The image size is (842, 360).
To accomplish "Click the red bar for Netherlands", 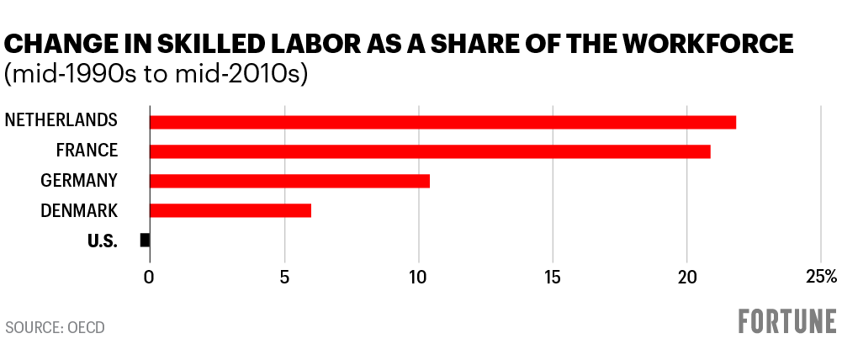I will [x=442, y=122].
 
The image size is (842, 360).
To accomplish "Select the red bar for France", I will [x=430, y=151].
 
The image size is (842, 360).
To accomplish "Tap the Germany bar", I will [x=289, y=181].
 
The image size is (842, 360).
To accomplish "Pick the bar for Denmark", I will [x=230, y=210].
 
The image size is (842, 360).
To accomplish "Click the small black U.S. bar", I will [x=145, y=241].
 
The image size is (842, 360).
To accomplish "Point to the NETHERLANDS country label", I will [x=61, y=121].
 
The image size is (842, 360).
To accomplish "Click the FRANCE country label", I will [x=87, y=151].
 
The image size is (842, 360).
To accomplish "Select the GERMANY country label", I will [x=79, y=181].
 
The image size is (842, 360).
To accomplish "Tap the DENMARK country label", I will [x=79, y=210].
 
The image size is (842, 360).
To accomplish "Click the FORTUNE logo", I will [x=787, y=322].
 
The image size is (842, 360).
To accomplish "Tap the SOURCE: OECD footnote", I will [x=55, y=327].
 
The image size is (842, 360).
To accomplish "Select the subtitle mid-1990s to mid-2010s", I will [x=156, y=74].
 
